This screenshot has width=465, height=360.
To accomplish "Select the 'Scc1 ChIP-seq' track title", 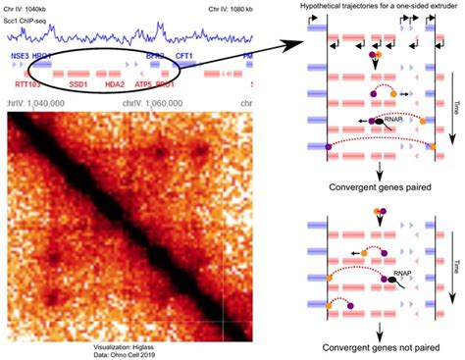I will pos(26,20).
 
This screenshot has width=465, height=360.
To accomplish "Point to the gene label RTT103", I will pos(28,85).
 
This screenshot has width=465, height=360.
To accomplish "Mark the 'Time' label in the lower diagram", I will pos(453,265).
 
